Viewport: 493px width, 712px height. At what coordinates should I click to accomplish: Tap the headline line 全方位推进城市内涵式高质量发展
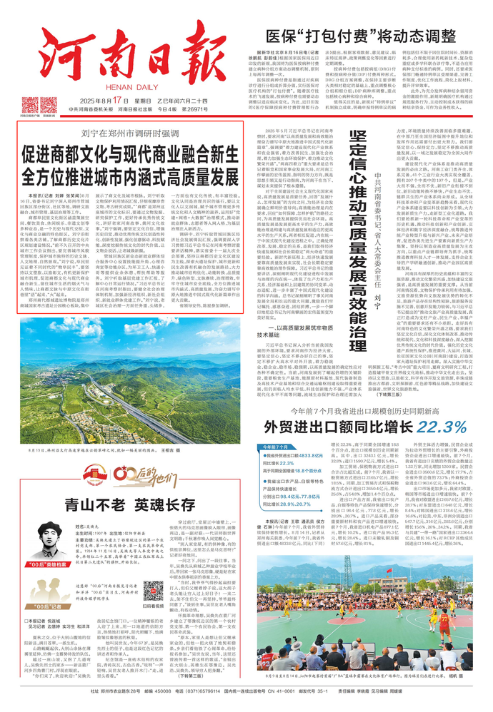click(129, 175)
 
